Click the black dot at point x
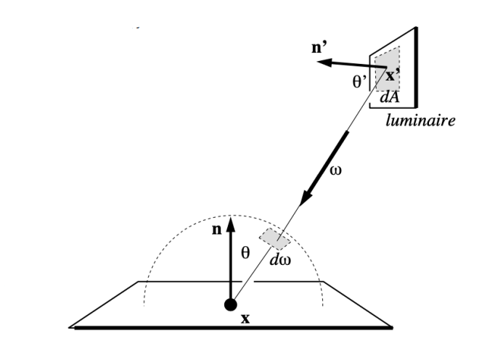(x=231, y=305)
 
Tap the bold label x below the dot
(x=245, y=319)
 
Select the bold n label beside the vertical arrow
(x=217, y=230)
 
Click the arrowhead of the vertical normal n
(x=231, y=224)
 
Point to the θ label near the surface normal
(x=245, y=253)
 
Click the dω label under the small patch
(x=280, y=260)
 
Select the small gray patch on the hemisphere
(x=275, y=239)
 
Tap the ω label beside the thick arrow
(x=335, y=171)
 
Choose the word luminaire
(x=420, y=120)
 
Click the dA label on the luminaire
(x=390, y=97)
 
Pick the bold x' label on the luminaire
(x=393, y=75)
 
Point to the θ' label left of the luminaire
(x=359, y=82)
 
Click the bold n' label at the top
(x=319, y=47)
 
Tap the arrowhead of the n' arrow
(x=324, y=62)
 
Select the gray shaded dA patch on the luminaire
(x=388, y=69)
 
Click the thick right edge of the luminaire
(x=416, y=67)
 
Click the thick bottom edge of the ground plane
(x=234, y=327)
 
